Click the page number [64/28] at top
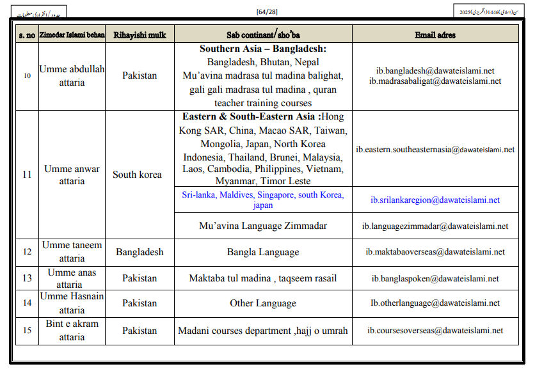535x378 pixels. (x=267, y=12)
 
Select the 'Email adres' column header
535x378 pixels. (x=435, y=35)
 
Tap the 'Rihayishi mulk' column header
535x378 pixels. (x=139, y=35)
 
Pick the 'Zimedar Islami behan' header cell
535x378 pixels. (x=72, y=35)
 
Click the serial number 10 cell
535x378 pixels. (x=27, y=75)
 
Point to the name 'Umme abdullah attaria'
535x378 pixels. (x=72, y=75)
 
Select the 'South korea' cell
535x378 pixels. (x=138, y=174)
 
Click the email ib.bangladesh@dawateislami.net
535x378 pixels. (x=435, y=71)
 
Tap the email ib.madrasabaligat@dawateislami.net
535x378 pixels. (x=435, y=81)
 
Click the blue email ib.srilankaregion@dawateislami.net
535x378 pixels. (x=435, y=200)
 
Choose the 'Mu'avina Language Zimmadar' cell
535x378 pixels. (x=263, y=226)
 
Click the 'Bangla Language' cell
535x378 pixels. (x=263, y=252)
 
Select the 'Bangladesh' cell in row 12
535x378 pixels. (x=140, y=252)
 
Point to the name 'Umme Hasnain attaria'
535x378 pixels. (x=72, y=303)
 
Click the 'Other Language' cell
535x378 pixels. (x=263, y=303)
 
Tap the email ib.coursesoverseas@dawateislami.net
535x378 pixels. (x=435, y=331)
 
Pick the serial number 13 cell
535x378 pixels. (x=27, y=278)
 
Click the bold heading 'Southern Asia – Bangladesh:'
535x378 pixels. (x=263, y=49)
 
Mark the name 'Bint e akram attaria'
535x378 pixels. (x=72, y=330)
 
